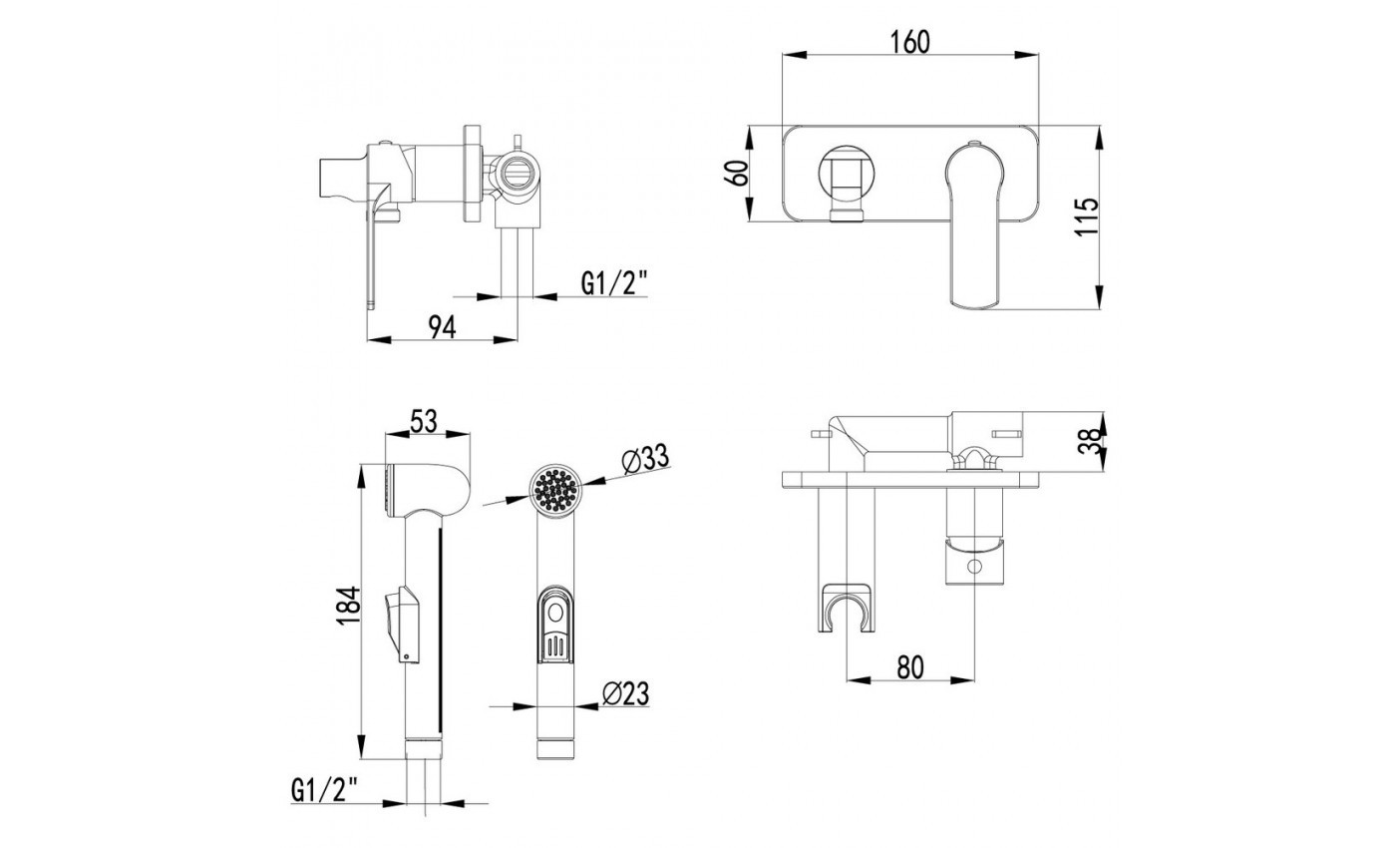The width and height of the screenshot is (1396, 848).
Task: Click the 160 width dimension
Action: pos(909,42)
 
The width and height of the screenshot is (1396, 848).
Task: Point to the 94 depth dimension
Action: pos(442,326)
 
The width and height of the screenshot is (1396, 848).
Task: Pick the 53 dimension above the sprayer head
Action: pos(425,421)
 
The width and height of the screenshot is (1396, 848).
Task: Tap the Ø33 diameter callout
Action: pos(643,460)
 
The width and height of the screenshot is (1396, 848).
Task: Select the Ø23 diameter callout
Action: pos(627,691)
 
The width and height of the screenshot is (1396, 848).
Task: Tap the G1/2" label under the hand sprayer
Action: pos(324,791)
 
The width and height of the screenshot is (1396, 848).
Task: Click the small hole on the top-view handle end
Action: pos(972,569)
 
